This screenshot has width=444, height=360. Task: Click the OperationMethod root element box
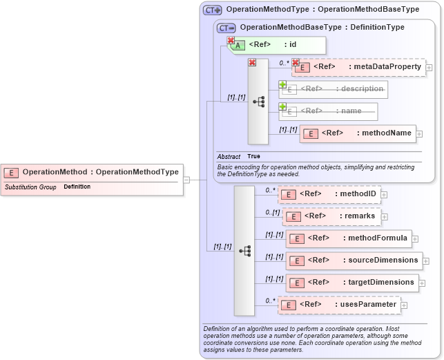click(92, 172)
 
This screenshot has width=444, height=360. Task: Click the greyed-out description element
click(334, 89)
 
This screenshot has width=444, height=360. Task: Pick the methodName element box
click(358, 133)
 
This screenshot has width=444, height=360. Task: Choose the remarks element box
click(331, 216)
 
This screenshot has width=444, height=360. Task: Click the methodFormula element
click(349, 238)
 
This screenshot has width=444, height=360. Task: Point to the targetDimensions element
click(351, 282)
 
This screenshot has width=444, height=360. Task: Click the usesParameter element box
click(339, 305)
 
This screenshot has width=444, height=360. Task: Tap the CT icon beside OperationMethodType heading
click(212, 10)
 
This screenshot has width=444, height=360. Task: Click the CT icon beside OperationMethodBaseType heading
click(226, 28)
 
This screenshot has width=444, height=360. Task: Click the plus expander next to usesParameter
click(404, 305)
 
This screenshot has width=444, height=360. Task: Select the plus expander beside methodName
click(419, 133)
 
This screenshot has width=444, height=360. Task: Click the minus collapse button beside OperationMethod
click(186, 180)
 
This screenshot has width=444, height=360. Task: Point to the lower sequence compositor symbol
click(244, 251)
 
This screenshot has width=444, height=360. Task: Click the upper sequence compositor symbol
click(258, 102)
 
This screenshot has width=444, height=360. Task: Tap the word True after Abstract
click(253, 157)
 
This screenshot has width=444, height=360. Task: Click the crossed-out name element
click(328, 111)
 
